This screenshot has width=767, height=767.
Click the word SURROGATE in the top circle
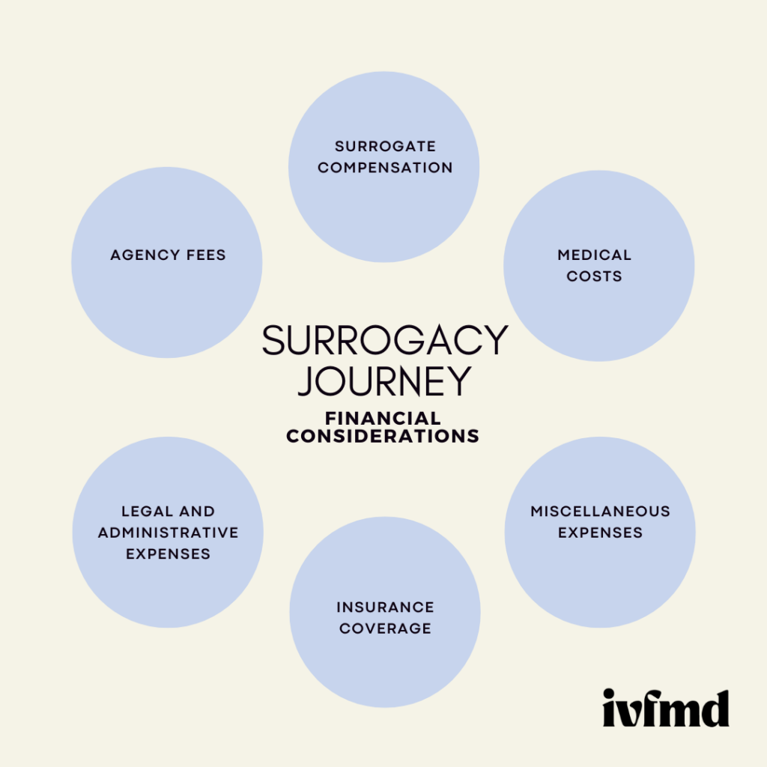point(385,146)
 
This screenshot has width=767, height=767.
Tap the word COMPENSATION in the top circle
point(385,168)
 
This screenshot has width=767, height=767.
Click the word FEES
point(205,255)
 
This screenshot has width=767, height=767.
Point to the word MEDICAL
point(594,255)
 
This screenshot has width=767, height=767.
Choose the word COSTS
point(594,276)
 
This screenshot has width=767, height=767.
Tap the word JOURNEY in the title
point(383,381)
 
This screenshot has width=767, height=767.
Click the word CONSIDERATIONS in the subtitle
point(383,437)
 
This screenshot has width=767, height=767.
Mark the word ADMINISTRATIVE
point(168,533)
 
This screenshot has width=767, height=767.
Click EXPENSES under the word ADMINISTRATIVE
point(168,554)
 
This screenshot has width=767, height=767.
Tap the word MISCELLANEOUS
point(600,512)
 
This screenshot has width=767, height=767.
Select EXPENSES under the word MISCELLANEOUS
point(600,533)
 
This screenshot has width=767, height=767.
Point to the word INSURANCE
point(385,607)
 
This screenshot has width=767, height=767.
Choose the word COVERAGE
point(385,628)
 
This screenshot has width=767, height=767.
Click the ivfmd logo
point(665,707)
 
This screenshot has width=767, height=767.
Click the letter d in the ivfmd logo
point(714,707)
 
